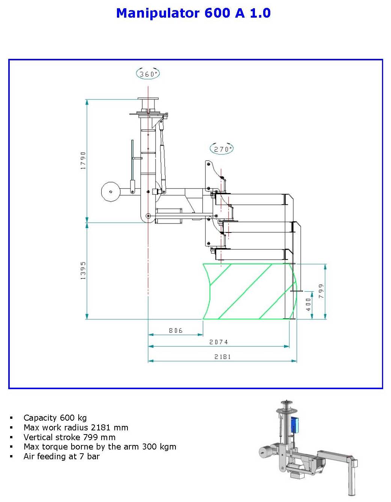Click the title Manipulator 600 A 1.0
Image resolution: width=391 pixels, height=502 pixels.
(x=193, y=13)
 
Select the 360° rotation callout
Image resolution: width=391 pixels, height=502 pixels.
(x=148, y=73)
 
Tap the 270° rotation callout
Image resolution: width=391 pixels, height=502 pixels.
(x=221, y=149)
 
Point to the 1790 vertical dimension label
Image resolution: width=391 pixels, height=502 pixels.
(x=83, y=160)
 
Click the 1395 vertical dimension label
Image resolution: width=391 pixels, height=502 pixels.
(x=83, y=270)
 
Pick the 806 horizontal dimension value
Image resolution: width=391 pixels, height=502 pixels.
(x=175, y=330)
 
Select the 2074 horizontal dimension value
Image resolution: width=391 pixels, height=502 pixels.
(x=219, y=342)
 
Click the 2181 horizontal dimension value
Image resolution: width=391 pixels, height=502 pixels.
(x=222, y=357)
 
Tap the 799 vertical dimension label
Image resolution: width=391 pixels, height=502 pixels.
(x=321, y=291)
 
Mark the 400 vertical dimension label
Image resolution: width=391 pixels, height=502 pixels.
(x=309, y=304)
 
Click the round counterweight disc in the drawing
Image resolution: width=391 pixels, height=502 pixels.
(x=110, y=192)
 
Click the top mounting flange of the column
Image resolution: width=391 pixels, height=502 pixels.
(x=148, y=99)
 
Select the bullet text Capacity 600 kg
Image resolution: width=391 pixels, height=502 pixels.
(x=55, y=418)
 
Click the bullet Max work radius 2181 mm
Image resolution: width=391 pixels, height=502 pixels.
(x=76, y=427)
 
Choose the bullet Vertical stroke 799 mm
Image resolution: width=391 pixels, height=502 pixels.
(x=69, y=437)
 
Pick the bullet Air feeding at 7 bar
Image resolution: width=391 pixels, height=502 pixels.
(x=61, y=456)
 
